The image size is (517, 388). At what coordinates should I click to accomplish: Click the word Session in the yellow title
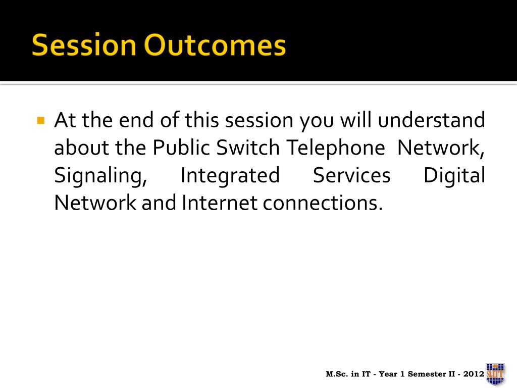[x=84, y=44]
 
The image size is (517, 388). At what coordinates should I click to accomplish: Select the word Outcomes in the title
[x=215, y=44]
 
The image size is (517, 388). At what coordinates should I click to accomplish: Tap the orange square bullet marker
[x=41, y=120]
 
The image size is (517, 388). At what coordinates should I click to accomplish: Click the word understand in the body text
[x=431, y=120]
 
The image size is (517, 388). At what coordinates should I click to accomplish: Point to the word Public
[x=181, y=147]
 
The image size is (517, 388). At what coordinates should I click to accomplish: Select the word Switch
[x=247, y=147]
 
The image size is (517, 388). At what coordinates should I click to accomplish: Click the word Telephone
[x=335, y=148]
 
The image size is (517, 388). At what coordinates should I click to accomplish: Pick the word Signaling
[x=100, y=175]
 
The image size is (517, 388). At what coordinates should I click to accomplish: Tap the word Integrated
[x=230, y=175]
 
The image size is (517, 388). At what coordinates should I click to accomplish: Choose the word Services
[x=351, y=175]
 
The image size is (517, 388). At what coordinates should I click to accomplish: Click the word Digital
[x=454, y=175]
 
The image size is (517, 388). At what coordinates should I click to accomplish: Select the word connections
[x=323, y=203]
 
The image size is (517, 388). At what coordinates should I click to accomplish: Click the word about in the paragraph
[x=81, y=148]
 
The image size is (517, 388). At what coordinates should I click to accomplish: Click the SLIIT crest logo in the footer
[x=495, y=374]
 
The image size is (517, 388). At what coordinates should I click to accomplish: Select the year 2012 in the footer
[x=474, y=374]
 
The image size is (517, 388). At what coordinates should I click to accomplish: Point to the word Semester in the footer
[x=427, y=374]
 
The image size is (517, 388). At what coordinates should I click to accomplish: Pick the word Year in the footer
[x=388, y=374]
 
